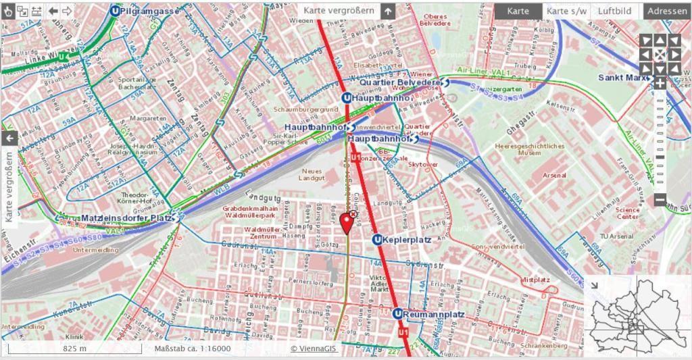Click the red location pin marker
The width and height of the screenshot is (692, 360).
click(x=347, y=222)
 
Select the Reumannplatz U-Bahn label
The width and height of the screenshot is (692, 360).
click(x=433, y=314)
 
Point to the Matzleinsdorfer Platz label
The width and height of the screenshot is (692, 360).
click(x=127, y=218)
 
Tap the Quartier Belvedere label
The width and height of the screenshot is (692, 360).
click(x=400, y=82)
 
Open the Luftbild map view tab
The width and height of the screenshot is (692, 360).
click(x=614, y=11)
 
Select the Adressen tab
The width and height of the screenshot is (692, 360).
click(x=667, y=11)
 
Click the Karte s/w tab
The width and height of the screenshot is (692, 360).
click(x=566, y=11)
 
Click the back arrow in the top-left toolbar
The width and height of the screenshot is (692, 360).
click(x=52, y=11)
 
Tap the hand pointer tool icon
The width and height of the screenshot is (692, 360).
click(x=8, y=11)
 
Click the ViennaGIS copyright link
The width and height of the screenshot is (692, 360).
click(x=314, y=349)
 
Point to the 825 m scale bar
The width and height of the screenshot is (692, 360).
click(x=74, y=349)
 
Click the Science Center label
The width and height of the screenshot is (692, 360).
click(x=627, y=213)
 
